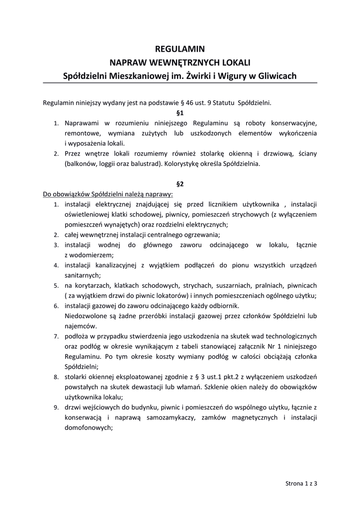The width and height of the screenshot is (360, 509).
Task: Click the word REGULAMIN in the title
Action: coord(180,49)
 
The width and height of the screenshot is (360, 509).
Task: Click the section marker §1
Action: coord(180,113)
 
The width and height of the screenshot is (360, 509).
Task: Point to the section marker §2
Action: coord(180,183)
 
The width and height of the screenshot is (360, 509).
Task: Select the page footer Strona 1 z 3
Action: coord(301,482)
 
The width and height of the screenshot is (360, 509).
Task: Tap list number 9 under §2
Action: coord(57,408)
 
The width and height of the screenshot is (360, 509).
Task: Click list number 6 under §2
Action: coord(57,306)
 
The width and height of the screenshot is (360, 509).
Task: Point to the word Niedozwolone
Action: coord(86,316)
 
